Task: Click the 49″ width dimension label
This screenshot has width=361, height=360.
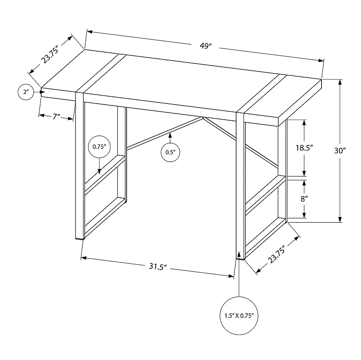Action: [206, 46]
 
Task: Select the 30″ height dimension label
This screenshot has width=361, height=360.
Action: [340, 151]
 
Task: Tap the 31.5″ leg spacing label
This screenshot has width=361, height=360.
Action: [158, 267]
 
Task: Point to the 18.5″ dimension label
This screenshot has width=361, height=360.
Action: [304, 148]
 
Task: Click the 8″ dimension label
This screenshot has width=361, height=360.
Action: [304, 199]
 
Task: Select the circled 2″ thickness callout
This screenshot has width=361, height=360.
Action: [26, 92]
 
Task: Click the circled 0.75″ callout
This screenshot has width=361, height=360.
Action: [99, 147]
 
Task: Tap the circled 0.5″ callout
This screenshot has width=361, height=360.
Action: [170, 152]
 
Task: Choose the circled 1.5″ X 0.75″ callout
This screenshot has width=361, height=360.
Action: [239, 316]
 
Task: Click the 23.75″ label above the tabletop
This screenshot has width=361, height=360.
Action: [50, 54]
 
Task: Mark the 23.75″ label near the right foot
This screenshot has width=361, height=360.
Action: [277, 254]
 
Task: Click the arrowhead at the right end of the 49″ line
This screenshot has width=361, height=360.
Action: [321, 60]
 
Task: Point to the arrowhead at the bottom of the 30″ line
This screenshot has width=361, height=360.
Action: [340, 219]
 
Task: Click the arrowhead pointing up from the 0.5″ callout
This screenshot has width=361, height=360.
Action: [170, 135]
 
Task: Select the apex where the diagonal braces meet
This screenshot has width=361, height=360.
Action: [203, 118]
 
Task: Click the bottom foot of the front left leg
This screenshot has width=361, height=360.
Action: [80, 239]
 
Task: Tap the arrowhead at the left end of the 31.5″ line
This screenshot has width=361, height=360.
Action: [84, 258]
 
